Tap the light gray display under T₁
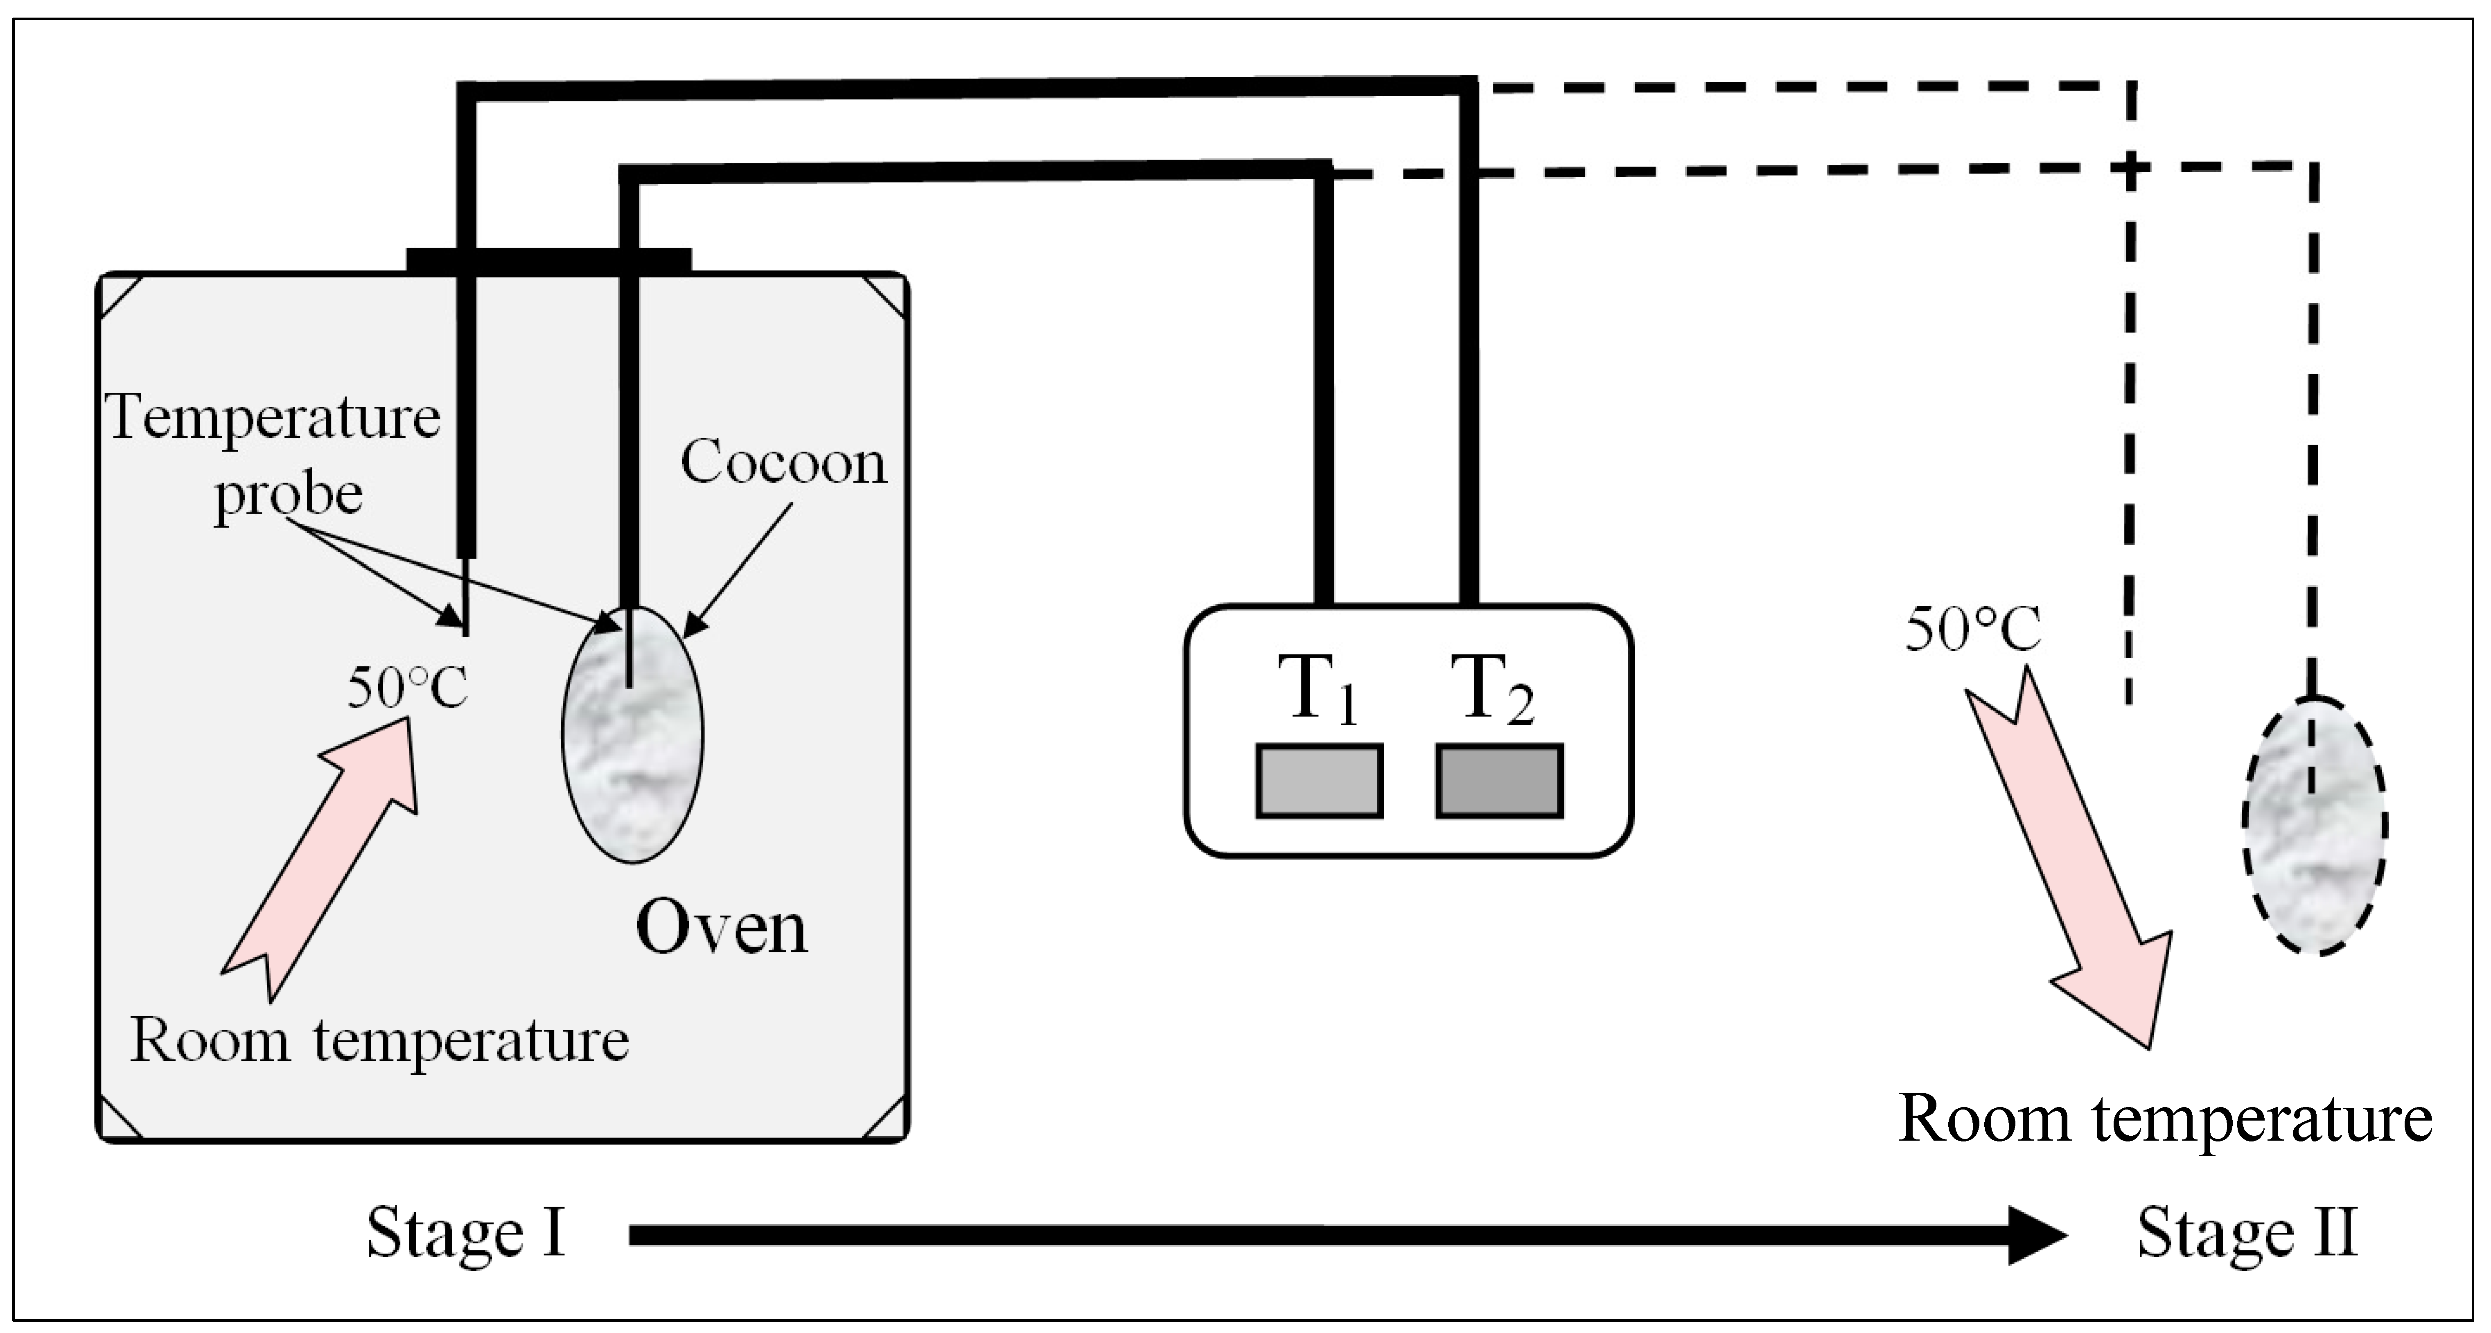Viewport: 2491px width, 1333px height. pyautogui.click(x=1319, y=780)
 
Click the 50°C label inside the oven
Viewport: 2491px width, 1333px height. pyautogui.click(x=407, y=688)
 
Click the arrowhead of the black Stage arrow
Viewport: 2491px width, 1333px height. pyautogui.click(x=2035, y=1234)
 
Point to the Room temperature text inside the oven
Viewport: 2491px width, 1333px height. pyautogui.click(x=379, y=1041)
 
